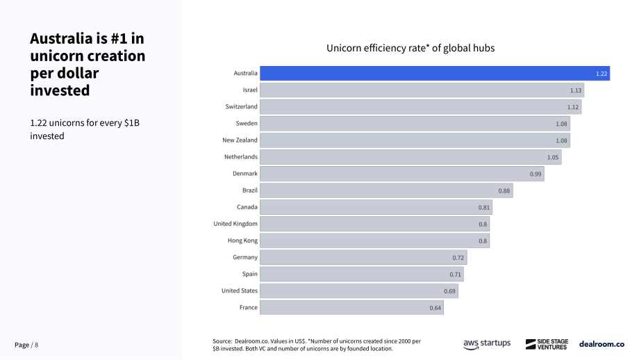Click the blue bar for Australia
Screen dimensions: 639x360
[435, 74]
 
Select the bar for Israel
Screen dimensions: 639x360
[422, 90]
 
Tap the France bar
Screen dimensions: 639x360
[351, 307]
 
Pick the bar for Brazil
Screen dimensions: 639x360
[386, 190]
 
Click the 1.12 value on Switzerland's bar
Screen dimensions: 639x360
[572, 107]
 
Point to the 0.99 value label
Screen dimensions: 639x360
[536, 174]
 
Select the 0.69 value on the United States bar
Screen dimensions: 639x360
[449, 291]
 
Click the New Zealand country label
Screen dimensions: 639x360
[240, 140]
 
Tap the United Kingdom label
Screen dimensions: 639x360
[235, 224]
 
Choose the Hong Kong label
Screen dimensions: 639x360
[242, 240]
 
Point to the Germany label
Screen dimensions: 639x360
[245, 257]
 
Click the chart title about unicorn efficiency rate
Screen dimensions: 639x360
[410, 48]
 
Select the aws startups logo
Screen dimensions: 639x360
[487, 344]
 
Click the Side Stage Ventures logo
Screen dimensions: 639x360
[547, 344]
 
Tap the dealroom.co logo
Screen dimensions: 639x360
[601, 344]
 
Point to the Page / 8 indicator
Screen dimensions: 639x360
[26, 345]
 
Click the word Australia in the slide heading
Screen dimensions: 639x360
[62, 38]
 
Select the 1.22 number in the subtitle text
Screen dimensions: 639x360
[38, 123]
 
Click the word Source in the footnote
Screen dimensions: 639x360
[222, 341]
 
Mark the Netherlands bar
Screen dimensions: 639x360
[410, 157]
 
